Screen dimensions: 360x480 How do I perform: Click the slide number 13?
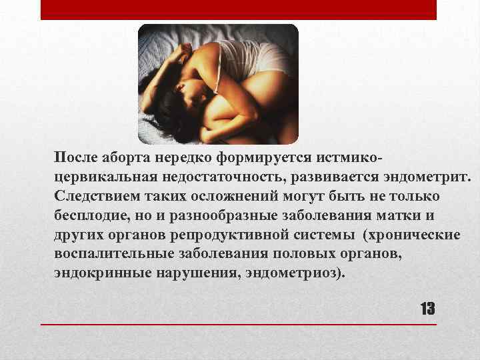point(427,309)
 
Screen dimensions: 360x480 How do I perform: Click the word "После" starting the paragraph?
point(76,157)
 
